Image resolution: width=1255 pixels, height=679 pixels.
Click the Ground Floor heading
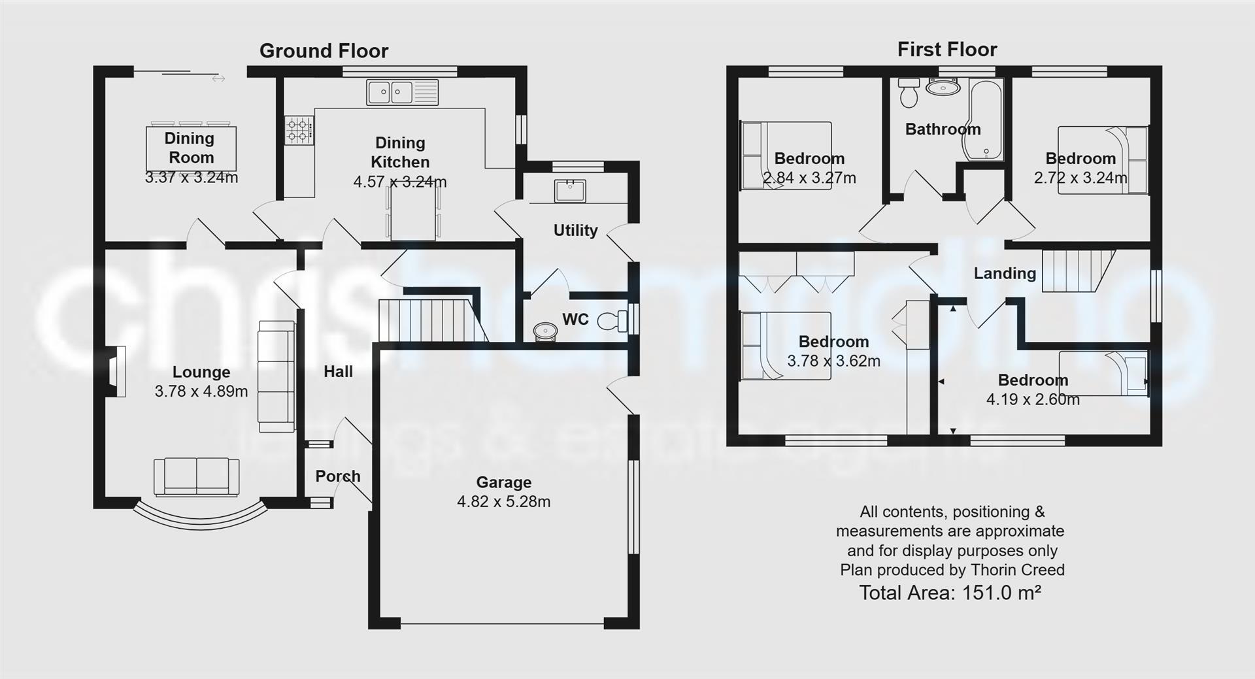tap(324, 51)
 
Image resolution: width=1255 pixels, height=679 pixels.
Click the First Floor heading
tap(947, 50)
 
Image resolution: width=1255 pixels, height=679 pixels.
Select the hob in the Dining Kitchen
tap(299, 129)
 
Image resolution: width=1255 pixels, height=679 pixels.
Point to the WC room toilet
tap(612, 320)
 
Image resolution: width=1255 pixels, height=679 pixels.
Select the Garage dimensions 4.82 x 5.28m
tap(503, 502)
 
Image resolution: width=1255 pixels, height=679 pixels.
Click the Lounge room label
tap(201, 372)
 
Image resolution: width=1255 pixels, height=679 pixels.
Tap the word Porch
tap(337, 476)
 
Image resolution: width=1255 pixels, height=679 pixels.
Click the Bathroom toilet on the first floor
tap(909, 93)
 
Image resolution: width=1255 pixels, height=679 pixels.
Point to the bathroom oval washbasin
tap(943, 87)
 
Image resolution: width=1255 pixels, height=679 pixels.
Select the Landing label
tap(1005, 273)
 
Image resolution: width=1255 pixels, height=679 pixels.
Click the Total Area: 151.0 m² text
tap(950, 593)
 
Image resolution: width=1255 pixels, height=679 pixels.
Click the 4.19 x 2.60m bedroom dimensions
tap(1033, 399)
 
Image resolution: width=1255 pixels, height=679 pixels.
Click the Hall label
tap(338, 372)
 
